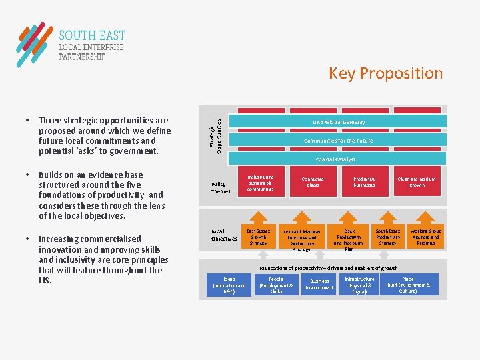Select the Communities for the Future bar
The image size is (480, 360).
click(x=339, y=141)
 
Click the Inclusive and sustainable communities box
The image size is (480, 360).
click(x=260, y=182)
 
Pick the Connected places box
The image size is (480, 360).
click(x=313, y=182)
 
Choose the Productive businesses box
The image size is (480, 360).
click(x=364, y=182)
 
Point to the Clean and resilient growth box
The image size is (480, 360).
click(x=417, y=182)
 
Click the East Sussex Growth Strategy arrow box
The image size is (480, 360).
click(x=258, y=237)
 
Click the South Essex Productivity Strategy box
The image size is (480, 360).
click(x=387, y=237)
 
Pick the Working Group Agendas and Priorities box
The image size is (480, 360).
click(x=425, y=237)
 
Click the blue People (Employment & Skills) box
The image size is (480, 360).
click(x=275, y=285)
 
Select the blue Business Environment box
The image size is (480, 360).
click(x=319, y=285)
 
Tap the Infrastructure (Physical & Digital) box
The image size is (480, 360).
click(x=359, y=285)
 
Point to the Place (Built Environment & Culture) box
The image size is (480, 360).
click(x=408, y=285)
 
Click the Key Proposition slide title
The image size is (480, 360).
click(x=385, y=73)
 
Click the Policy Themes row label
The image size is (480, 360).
click(x=220, y=188)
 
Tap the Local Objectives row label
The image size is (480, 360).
click(x=224, y=235)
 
